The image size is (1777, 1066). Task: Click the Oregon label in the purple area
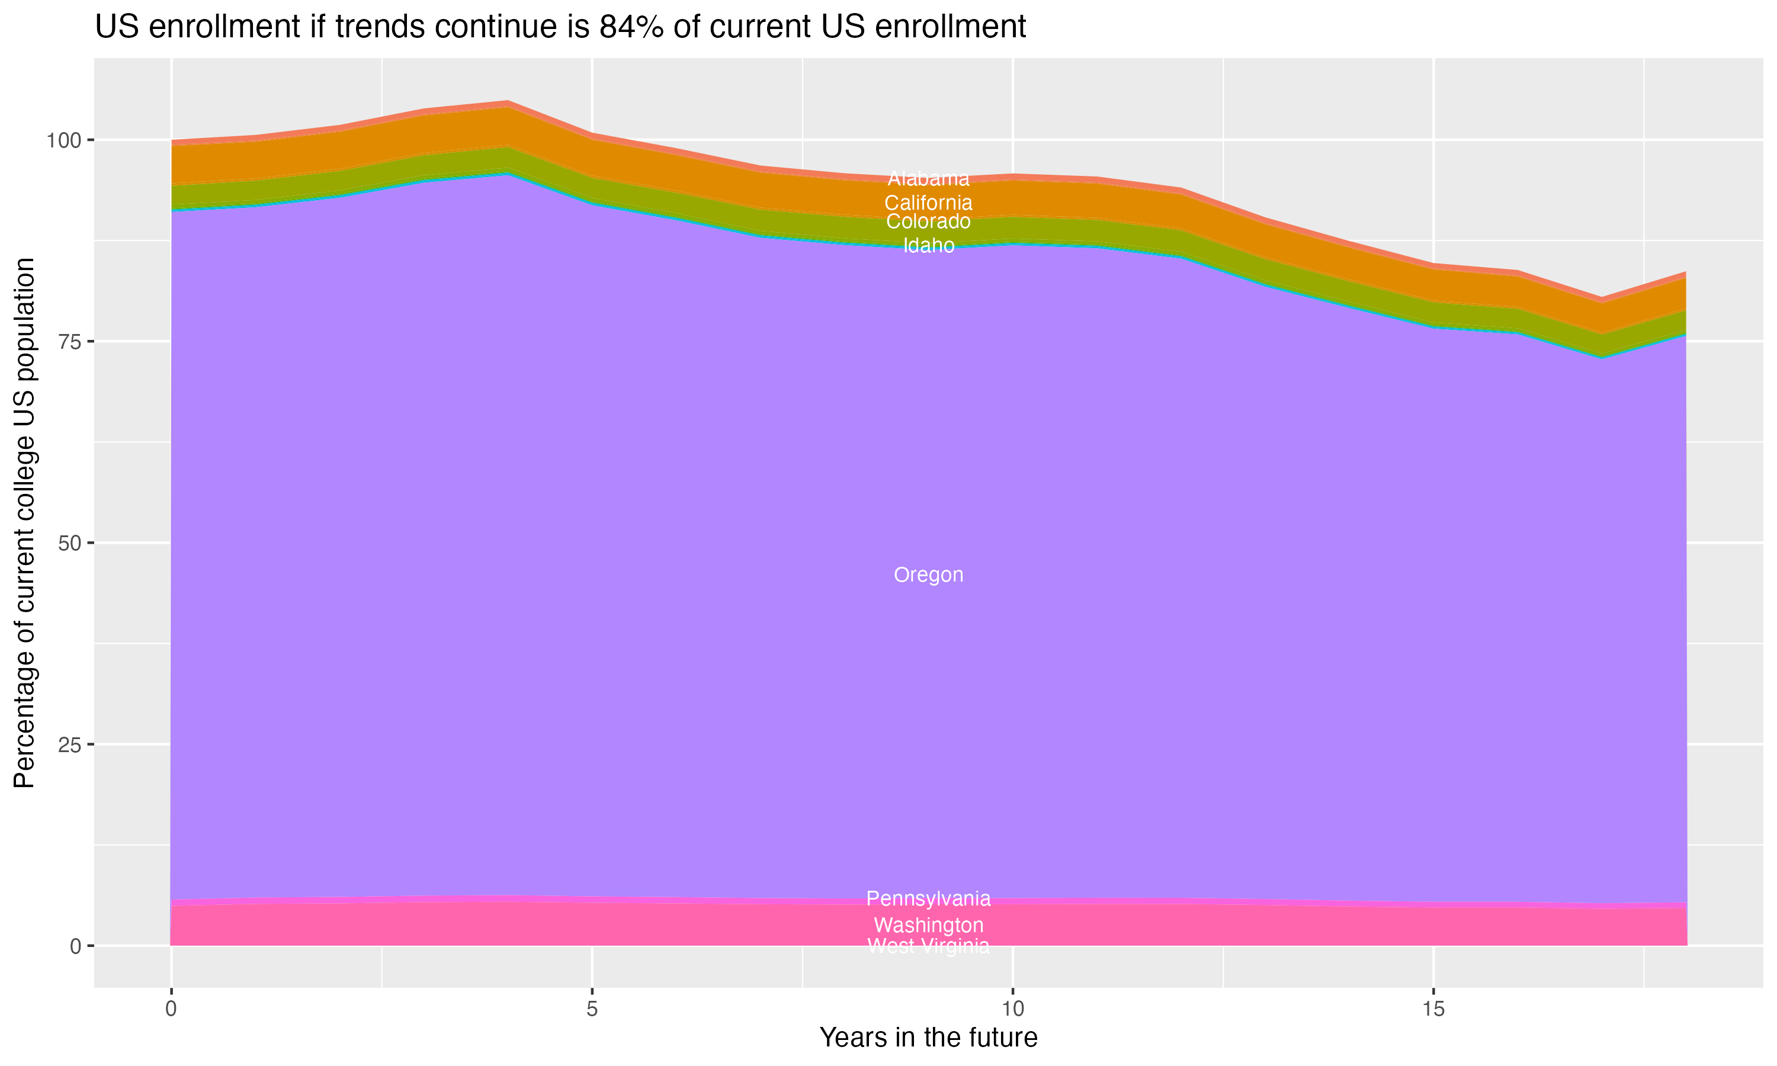point(928,574)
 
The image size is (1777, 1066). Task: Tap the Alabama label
point(928,178)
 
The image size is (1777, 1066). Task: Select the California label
point(928,203)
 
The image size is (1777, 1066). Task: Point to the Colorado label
point(928,221)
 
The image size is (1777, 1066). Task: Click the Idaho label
point(928,246)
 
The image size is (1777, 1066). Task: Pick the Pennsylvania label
point(928,898)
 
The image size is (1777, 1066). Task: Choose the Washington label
point(928,924)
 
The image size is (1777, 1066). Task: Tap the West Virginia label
point(928,946)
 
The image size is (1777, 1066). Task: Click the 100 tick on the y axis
point(65,140)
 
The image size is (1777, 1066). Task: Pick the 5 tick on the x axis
point(592,1009)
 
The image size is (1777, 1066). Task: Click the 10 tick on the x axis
point(1013,1009)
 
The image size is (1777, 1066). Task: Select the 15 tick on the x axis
point(1433,1009)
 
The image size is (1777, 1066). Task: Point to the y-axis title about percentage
point(24,523)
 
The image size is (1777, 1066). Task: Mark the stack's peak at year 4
point(508,101)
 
